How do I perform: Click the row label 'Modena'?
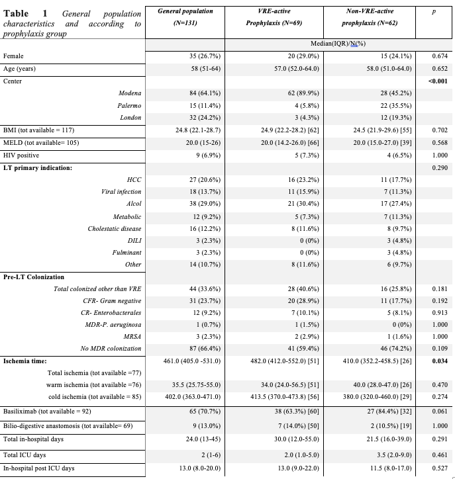tap(130, 93)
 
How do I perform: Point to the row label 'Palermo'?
tap(130, 105)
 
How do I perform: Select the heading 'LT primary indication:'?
tap(37, 167)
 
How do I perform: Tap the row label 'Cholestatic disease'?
tap(115, 228)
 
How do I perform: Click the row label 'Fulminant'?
tap(128, 252)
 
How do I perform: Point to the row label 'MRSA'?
tap(132, 337)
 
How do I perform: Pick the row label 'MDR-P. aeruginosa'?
tap(115, 325)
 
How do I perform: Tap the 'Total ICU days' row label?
tap(25, 456)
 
